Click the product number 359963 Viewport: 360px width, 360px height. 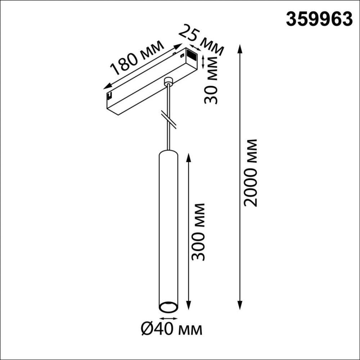pyautogui.click(x=319, y=19)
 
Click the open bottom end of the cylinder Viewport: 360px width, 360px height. pyautogui.click(x=168, y=307)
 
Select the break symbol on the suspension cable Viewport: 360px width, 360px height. pyautogui.click(x=168, y=119)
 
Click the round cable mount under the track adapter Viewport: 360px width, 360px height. pyautogui.click(x=168, y=82)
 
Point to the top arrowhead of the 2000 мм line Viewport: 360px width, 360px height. pyautogui.click(x=240, y=48)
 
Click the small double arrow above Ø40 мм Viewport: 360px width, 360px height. pyautogui.click(x=168, y=318)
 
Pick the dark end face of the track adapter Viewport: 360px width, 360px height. pyautogui.click(x=190, y=56)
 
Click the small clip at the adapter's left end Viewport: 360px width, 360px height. pyautogui.click(x=109, y=96)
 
